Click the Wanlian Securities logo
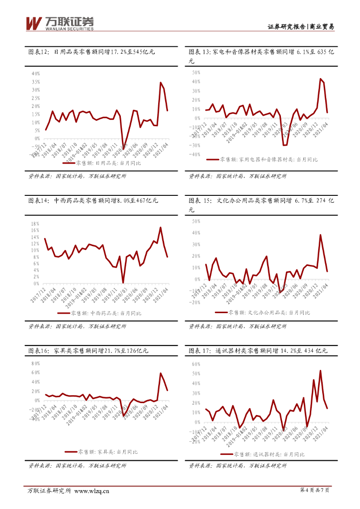59,23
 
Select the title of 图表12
92,52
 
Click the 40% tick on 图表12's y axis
36,74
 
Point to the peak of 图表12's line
160,83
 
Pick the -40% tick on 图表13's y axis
194,155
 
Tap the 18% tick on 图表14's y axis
35,224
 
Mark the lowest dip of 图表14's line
123,283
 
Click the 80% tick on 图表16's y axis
35,363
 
